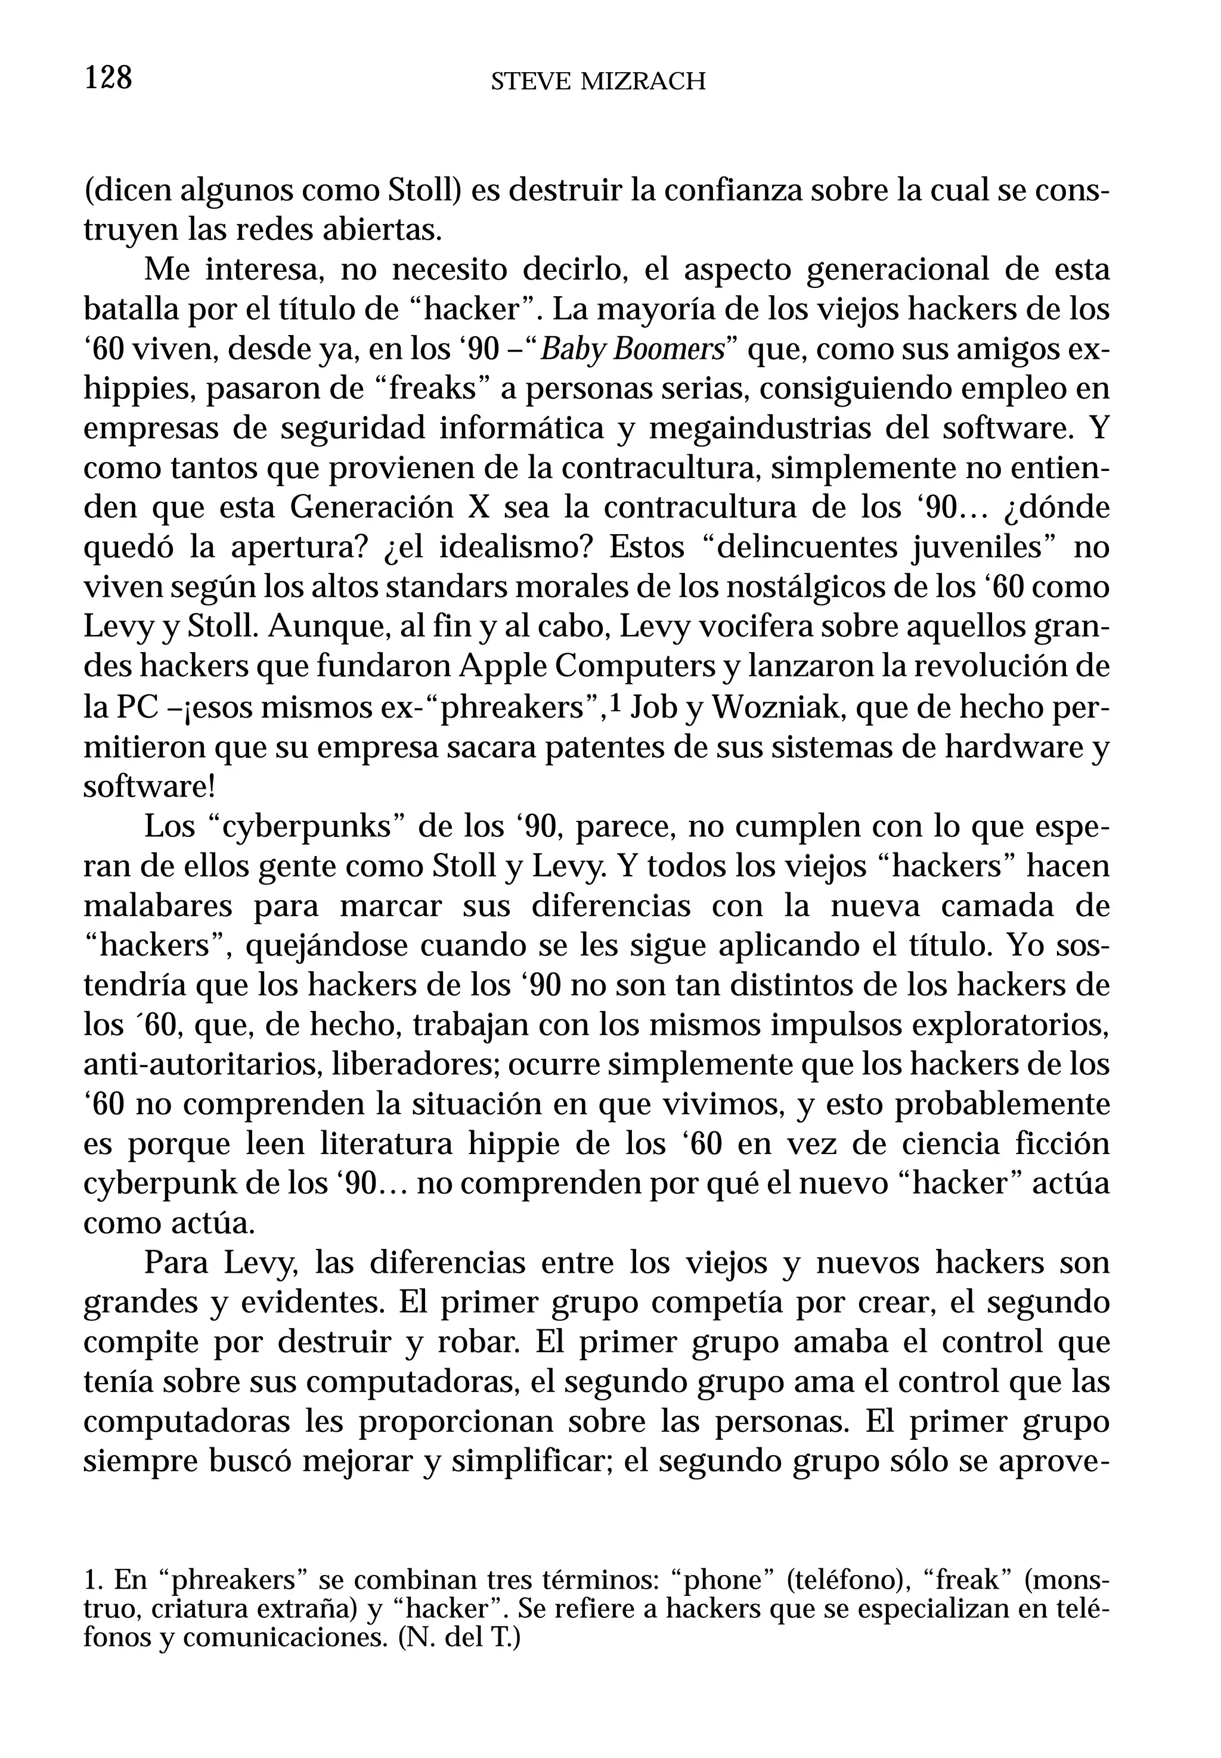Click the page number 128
108,78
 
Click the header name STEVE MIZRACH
597,82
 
